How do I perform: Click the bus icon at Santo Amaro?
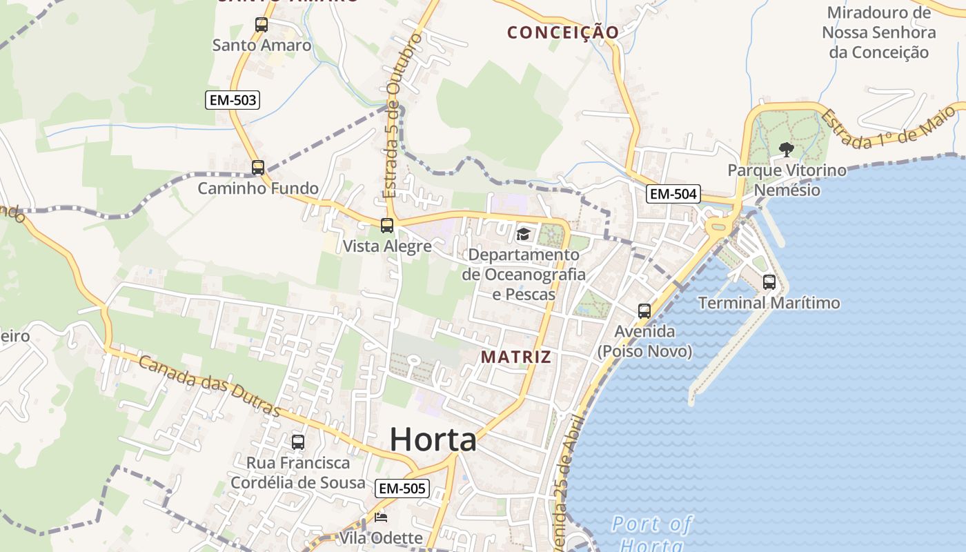tap(262, 25)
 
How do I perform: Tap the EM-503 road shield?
tap(233, 100)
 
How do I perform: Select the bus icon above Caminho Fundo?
tap(258, 167)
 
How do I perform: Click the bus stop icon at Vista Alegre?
tap(387, 226)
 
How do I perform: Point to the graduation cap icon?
tap(523, 235)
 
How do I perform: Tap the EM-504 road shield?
tap(673, 194)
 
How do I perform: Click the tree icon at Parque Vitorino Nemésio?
tap(785, 149)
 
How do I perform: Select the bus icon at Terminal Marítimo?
tap(769, 282)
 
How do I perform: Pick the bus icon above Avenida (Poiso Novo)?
tap(644, 311)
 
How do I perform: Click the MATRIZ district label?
tap(517, 357)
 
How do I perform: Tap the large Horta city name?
tap(433, 440)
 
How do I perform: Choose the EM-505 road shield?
tap(403, 489)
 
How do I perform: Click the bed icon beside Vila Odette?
tap(381, 517)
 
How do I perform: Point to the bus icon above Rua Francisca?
tap(298, 442)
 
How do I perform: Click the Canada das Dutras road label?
tap(210, 386)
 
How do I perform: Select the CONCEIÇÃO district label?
tap(563, 32)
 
